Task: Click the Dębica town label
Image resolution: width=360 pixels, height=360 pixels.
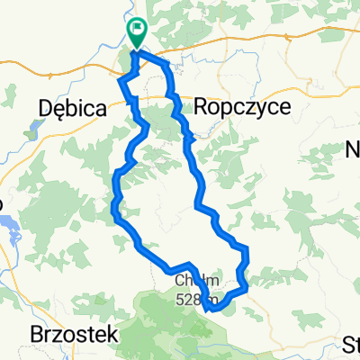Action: (x=74, y=108)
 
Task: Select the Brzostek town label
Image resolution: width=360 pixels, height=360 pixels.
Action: (x=76, y=334)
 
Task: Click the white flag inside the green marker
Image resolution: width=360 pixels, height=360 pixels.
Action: (x=137, y=30)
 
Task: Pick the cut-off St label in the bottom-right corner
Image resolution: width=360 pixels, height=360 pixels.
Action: (x=350, y=344)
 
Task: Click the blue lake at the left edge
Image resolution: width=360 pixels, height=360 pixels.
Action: (x=9, y=237)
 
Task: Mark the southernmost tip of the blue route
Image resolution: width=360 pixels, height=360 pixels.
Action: (x=212, y=309)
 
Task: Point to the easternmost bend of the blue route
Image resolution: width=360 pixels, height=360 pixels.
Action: (x=246, y=270)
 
